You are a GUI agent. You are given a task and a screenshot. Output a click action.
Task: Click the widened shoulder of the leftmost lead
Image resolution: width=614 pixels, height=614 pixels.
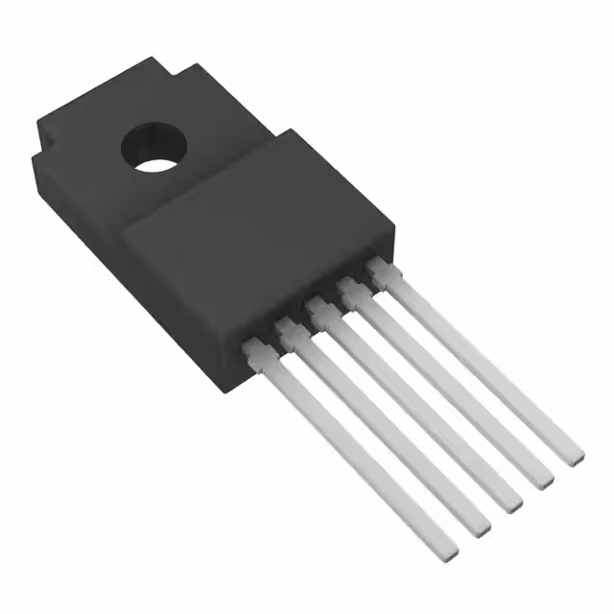[256, 356]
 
